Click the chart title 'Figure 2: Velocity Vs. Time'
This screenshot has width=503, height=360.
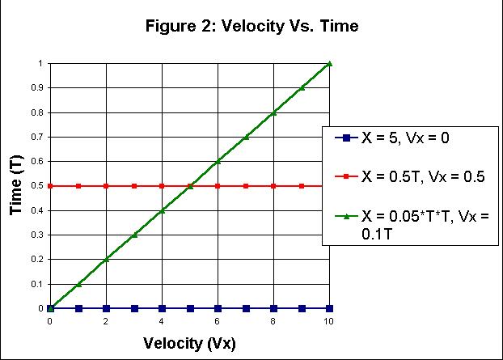tap(251, 27)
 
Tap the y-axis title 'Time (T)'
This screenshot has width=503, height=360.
tap(16, 185)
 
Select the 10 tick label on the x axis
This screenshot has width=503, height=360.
tap(329, 320)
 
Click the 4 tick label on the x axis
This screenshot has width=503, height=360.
tap(162, 320)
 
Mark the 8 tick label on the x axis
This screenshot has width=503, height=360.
tap(273, 320)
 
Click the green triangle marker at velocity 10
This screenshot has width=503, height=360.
tap(329, 63)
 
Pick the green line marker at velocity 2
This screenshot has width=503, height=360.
tap(106, 259)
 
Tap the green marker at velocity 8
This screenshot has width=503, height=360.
tap(273, 112)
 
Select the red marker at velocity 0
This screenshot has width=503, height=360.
tap(50, 186)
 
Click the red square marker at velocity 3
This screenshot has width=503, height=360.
tap(134, 186)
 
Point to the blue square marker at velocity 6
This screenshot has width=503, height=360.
tap(218, 308)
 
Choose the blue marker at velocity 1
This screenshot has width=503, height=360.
tap(78, 308)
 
